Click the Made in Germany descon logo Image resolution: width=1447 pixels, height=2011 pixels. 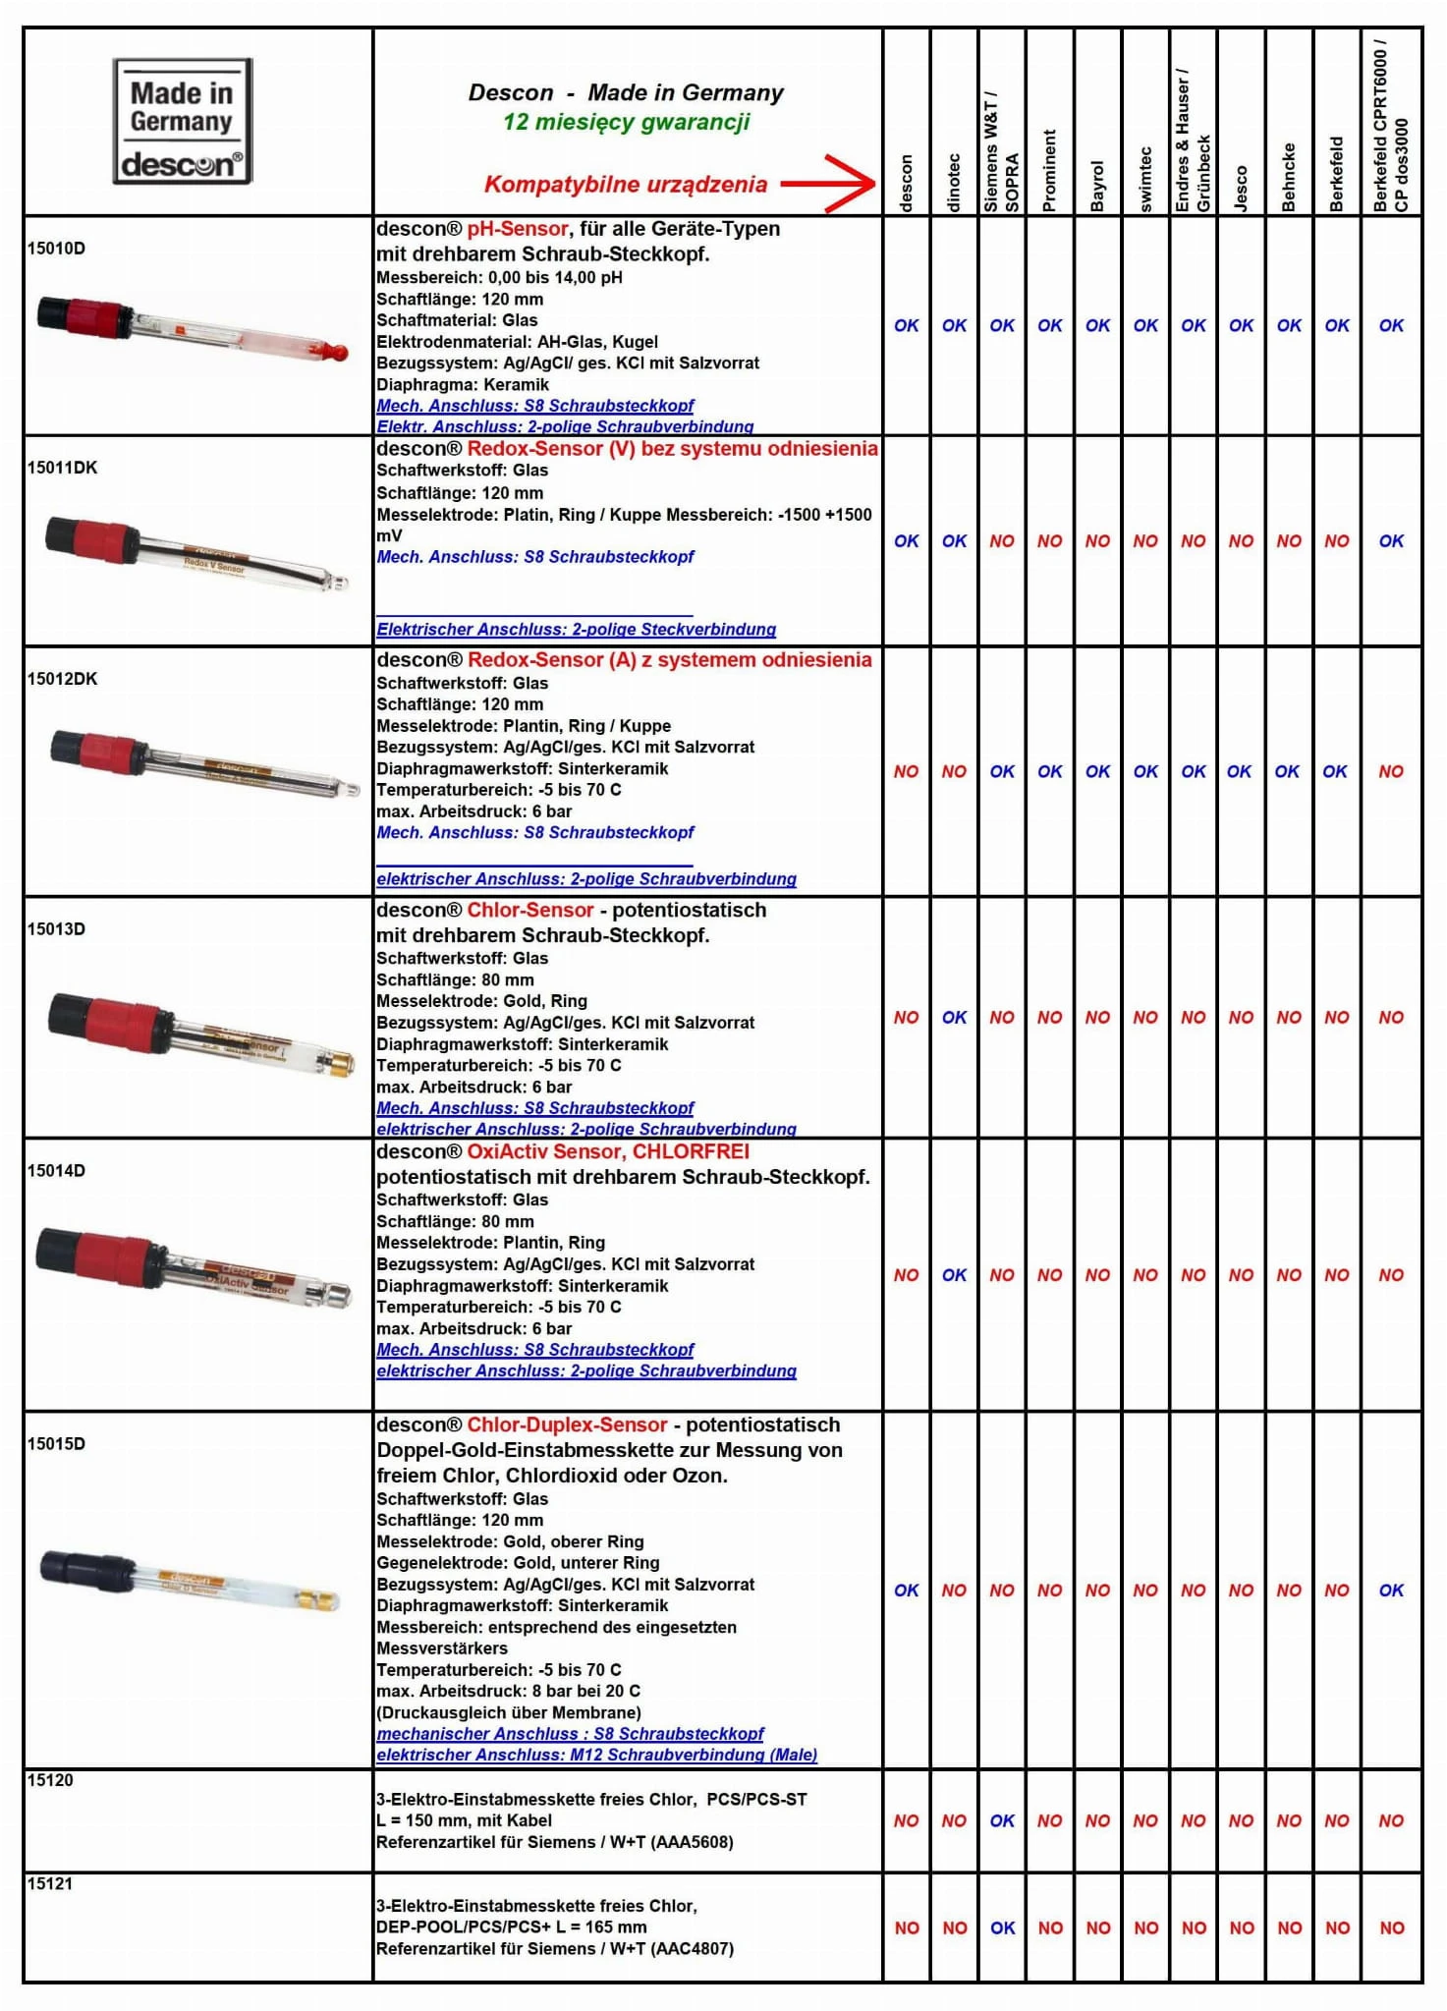183,122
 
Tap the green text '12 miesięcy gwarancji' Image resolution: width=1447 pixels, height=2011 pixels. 626,123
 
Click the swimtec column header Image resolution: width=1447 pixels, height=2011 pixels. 1145,179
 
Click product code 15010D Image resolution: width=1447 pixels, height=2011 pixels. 56,249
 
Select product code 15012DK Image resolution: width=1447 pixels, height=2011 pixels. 62,679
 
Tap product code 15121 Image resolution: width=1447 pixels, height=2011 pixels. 50,1883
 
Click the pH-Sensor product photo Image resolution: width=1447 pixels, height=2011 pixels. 193,328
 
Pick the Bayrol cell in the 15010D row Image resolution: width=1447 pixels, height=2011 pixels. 1097,326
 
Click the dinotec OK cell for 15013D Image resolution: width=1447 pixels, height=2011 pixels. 954,1018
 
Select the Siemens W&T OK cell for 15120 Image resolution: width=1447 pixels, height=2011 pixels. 1002,1820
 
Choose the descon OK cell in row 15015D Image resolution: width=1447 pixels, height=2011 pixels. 906,1590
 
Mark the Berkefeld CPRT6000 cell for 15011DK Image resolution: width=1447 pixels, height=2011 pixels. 1391,541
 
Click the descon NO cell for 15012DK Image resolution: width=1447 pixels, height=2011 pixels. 906,772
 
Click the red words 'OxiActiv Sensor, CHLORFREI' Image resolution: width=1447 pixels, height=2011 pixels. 608,1151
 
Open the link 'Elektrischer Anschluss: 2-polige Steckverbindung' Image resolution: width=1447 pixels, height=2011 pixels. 576,630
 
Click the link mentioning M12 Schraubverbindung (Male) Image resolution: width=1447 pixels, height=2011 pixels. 596,1755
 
